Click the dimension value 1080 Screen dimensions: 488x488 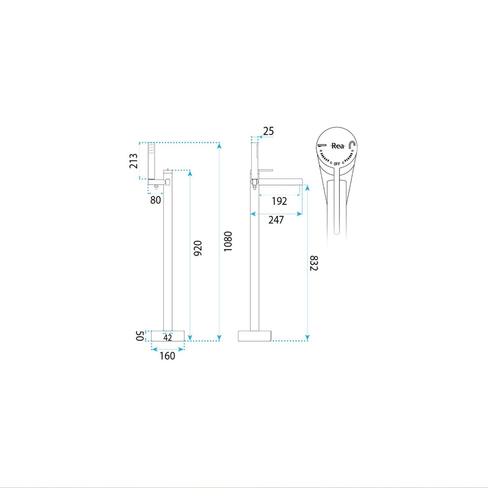pyautogui.click(x=228, y=241)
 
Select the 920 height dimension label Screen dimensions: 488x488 pyautogui.click(x=198, y=248)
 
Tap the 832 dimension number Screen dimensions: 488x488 pyautogui.click(x=314, y=263)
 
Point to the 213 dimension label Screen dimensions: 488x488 pyautogui.click(x=133, y=161)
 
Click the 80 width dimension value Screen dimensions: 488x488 pyautogui.click(x=155, y=200)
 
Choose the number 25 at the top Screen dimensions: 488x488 pyautogui.click(x=268, y=131)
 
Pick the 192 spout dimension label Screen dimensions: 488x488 pyautogui.click(x=279, y=201)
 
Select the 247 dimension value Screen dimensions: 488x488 pyautogui.click(x=276, y=220)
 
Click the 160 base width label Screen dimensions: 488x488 pyautogui.click(x=168, y=356)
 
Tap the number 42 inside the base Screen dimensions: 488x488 pyautogui.click(x=168, y=338)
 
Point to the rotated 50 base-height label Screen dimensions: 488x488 pyautogui.click(x=140, y=336)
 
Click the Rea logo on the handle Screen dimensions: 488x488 pyautogui.click(x=338, y=146)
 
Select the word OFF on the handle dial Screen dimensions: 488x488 pyautogui.click(x=337, y=164)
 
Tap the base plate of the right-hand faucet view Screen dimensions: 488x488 pyautogui.click(x=255, y=336)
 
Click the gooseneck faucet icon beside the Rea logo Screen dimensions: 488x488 pyautogui.click(x=352, y=145)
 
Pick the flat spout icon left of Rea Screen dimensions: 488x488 pyautogui.click(x=322, y=146)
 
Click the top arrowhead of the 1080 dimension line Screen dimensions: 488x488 pyautogui.click(x=219, y=146)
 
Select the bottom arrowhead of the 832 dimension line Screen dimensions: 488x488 pyautogui.click(x=307, y=338)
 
